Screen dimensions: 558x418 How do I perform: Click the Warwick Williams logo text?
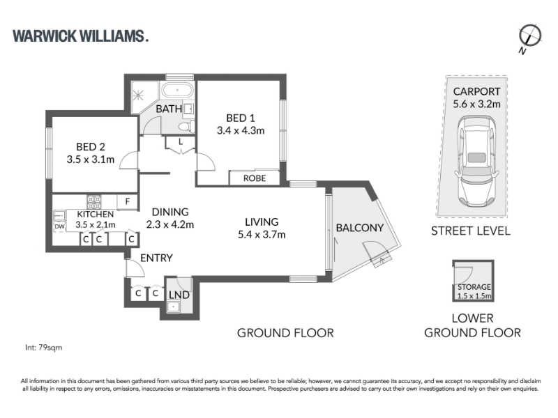point(80,36)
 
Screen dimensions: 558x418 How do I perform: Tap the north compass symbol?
point(529,37)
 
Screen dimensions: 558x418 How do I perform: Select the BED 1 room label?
point(241,118)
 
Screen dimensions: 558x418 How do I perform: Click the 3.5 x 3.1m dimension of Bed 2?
point(91,160)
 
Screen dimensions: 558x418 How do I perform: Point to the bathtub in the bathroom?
point(178,90)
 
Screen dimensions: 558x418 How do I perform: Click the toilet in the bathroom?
point(186,127)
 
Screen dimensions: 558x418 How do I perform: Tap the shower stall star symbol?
point(137,95)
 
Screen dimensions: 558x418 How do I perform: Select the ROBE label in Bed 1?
point(255,178)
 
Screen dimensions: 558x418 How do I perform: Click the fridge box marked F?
point(128,201)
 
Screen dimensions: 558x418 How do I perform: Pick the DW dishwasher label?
point(59,226)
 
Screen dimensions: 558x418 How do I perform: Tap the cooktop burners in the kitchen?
point(94,202)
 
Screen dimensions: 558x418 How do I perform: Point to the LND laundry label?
point(179,295)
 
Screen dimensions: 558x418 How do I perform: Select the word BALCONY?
point(360,228)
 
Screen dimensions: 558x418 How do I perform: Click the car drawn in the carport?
point(476,162)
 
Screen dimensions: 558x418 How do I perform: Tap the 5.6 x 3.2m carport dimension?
point(476,104)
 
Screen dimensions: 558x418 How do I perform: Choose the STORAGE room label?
point(474,286)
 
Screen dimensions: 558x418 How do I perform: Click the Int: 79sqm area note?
point(44,347)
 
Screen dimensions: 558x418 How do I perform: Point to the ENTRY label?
point(156,258)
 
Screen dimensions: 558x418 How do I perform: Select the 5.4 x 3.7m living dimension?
point(262,235)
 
